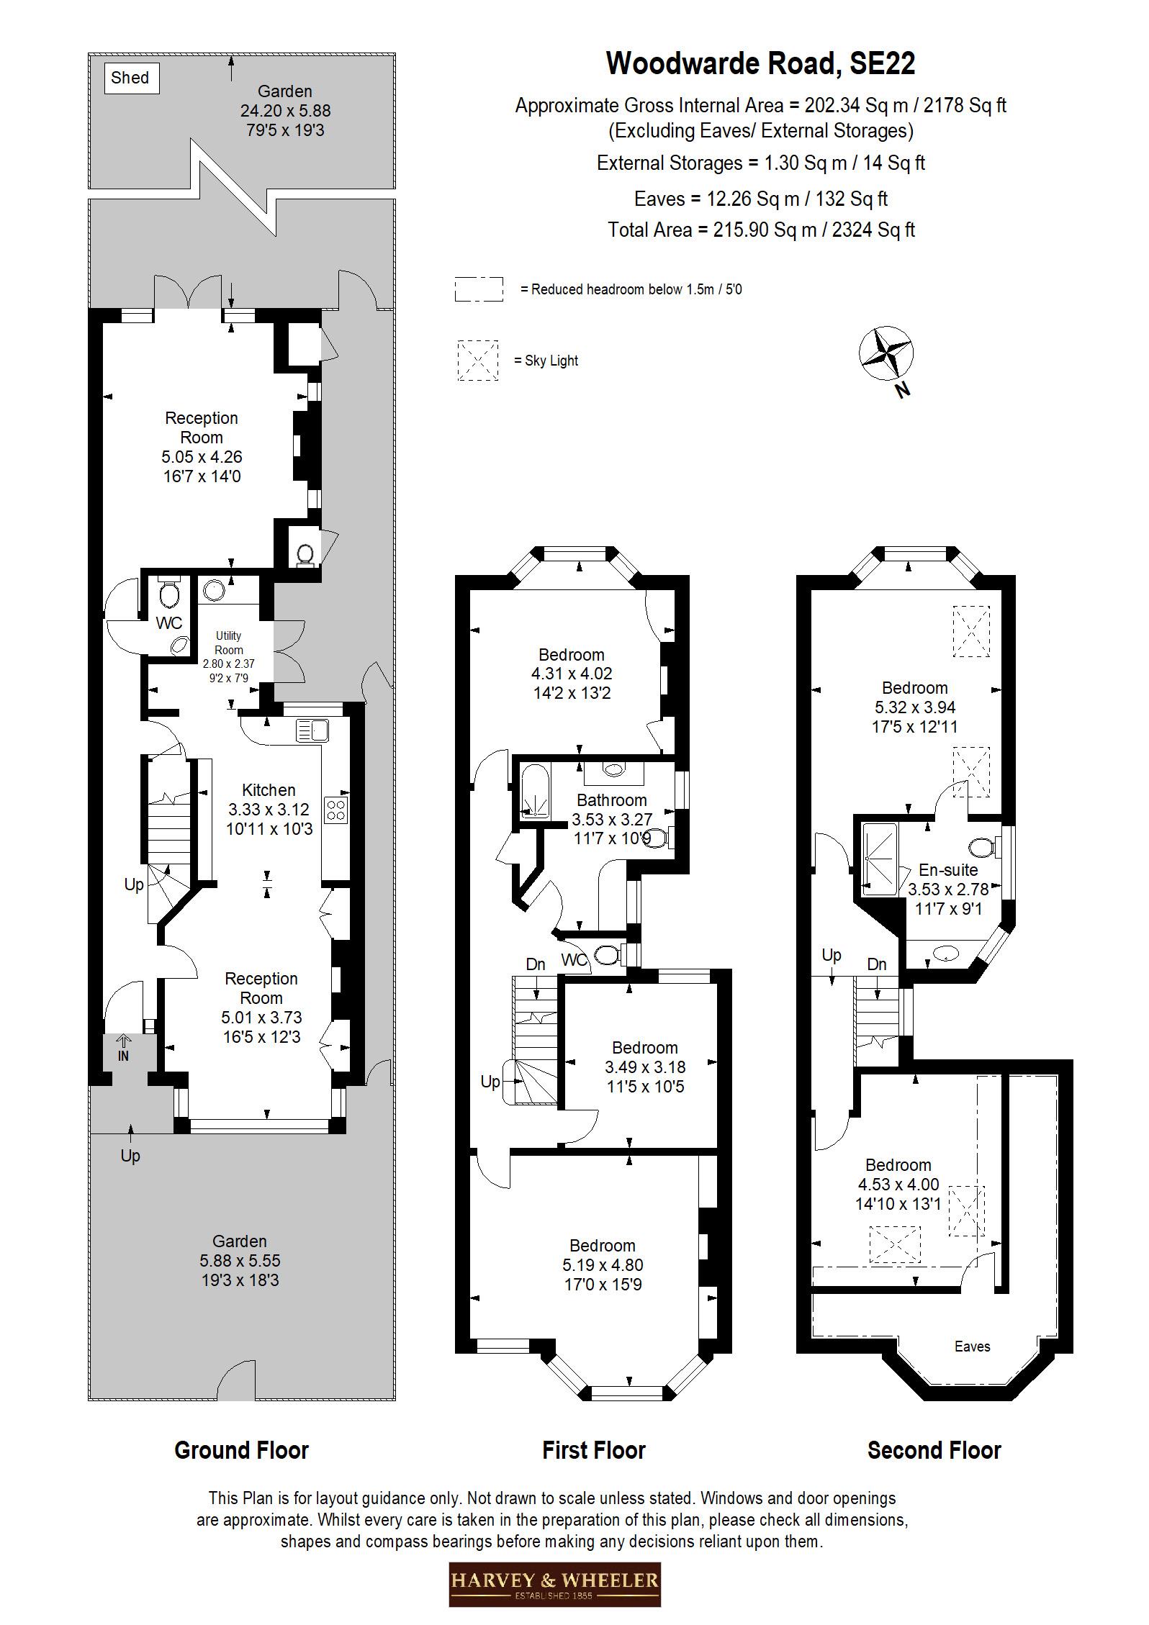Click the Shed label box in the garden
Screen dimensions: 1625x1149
pos(130,78)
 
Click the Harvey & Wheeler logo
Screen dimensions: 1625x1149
pos(554,1583)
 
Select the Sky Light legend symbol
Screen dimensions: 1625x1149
pos(477,361)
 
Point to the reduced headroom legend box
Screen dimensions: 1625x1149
pos(478,289)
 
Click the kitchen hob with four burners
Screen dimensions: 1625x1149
pos(336,809)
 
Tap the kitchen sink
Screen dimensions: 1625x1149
pos(312,730)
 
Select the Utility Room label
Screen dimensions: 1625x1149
pos(229,643)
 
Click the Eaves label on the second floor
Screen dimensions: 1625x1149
pos(972,1346)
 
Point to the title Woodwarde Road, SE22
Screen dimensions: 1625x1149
pos(760,63)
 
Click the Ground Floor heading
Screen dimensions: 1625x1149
pos(241,1450)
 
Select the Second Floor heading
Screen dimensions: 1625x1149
pos(934,1450)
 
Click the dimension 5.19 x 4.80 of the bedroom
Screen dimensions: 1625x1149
pos(603,1265)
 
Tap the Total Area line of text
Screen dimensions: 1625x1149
pos(761,230)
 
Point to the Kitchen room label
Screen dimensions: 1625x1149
pos(269,789)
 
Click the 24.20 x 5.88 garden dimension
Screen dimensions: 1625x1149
pos(285,111)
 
